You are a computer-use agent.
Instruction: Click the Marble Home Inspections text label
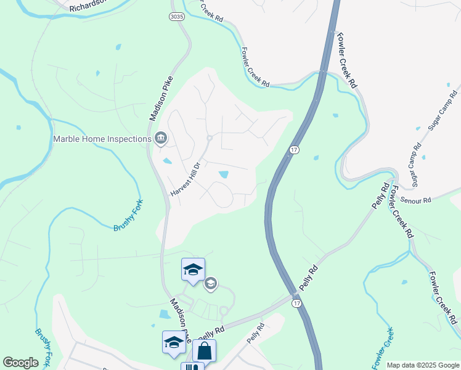(102, 139)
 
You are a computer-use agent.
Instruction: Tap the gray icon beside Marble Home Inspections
(161, 138)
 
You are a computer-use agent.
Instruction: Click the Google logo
(20, 363)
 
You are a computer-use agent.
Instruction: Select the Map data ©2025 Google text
(423, 365)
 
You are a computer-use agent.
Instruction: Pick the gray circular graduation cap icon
(210, 283)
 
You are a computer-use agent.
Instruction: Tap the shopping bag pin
(204, 351)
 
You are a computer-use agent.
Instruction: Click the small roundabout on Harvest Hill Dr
(210, 138)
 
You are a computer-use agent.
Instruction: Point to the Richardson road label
(92, 6)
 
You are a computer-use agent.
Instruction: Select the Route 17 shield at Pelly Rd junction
(297, 303)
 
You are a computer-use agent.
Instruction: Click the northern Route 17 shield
(294, 150)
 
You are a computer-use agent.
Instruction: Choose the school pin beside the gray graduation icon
(193, 270)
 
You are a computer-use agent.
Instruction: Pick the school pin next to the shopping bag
(174, 342)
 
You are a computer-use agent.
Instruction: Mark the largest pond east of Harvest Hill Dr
(223, 175)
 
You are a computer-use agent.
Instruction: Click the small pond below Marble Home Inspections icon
(167, 162)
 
